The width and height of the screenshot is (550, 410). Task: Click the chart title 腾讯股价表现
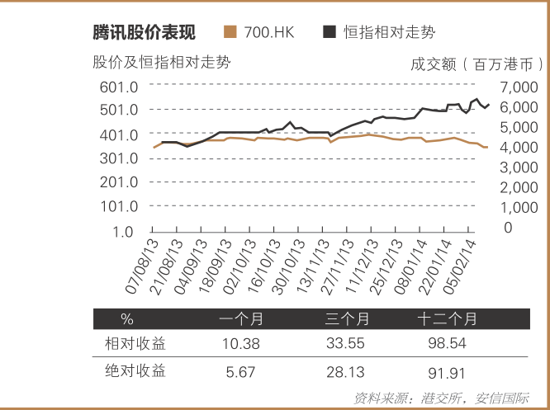tap(144, 32)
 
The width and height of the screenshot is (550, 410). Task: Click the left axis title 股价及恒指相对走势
tap(161, 62)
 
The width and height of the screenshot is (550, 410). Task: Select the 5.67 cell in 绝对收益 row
tap(242, 372)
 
